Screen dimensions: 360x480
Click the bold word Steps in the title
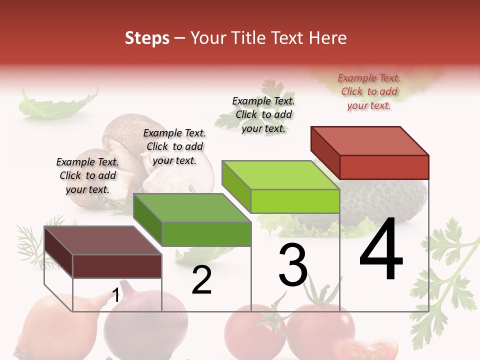(x=147, y=38)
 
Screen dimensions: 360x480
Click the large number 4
(x=381, y=250)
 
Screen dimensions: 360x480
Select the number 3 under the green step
(x=293, y=265)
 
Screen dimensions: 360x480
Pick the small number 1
(x=115, y=295)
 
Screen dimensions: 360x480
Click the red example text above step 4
(x=369, y=91)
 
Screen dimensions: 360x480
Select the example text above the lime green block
(x=263, y=114)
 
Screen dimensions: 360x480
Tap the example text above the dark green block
(x=174, y=146)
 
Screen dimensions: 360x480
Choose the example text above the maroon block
(x=87, y=175)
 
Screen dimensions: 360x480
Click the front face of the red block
(x=384, y=167)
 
